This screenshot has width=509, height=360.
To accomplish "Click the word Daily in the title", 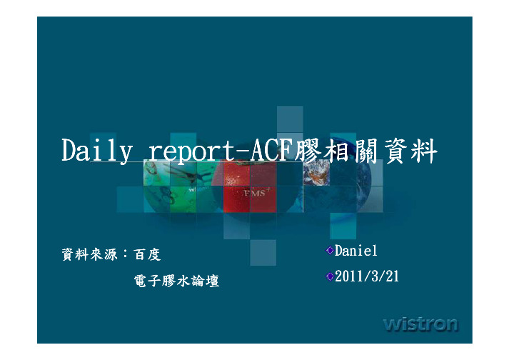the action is point(97,151).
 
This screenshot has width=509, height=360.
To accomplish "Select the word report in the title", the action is point(192,151).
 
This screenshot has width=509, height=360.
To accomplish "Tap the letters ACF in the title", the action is point(271,150).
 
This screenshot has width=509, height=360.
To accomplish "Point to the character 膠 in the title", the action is point(308,151).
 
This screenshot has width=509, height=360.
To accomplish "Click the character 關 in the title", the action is point(366,151).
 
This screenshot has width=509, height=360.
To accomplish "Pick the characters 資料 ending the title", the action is point(410,151).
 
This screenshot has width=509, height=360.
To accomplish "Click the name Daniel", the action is point(356,251).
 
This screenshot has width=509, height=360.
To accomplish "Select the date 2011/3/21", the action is point(367,276).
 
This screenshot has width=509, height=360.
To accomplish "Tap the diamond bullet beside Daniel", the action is point(330,250).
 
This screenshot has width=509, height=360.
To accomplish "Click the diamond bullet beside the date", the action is point(330,276).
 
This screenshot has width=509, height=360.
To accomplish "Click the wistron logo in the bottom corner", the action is point(420,324).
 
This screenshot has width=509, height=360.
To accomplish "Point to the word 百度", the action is point(147,254).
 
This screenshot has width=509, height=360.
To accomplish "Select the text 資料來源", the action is point(90,254).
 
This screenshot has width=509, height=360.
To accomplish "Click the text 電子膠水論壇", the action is point(176,281).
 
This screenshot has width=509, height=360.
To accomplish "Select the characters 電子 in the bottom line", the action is point(148,281).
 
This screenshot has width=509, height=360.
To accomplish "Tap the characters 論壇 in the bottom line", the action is point(206,281).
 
